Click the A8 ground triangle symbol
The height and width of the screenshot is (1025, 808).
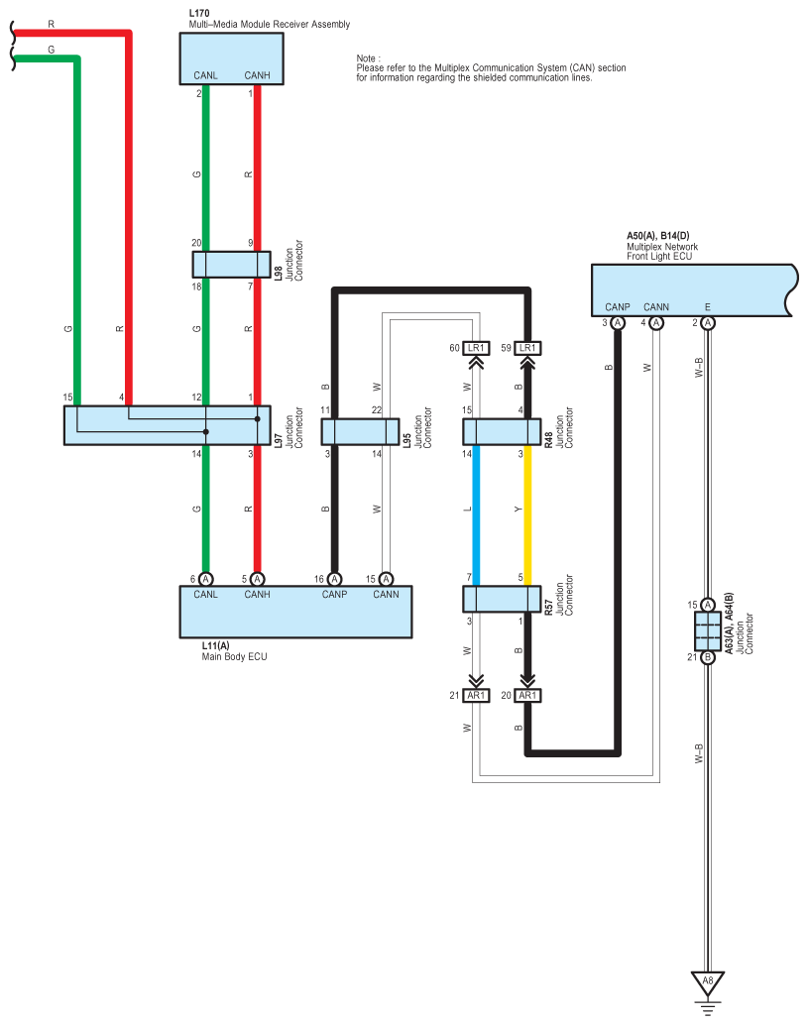[x=708, y=982]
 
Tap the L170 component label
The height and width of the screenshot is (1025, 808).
[x=198, y=14]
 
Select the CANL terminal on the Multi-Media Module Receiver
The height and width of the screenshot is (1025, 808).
[x=205, y=74]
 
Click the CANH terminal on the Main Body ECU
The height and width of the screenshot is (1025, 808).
[x=257, y=595]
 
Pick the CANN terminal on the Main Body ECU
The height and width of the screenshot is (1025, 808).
[x=386, y=595]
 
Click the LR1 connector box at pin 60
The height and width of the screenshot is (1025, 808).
[x=477, y=348]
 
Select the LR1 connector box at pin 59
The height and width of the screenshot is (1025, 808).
[x=527, y=348]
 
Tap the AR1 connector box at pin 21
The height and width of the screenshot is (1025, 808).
[x=477, y=696]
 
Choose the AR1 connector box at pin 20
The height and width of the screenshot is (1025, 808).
[x=527, y=696]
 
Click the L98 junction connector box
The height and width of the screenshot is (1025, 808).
[x=231, y=265]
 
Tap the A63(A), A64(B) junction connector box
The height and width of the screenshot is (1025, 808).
[x=708, y=630]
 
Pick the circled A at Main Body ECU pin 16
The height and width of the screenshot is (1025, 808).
[x=334, y=579]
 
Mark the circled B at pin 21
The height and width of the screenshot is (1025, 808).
[x=708, y=657]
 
